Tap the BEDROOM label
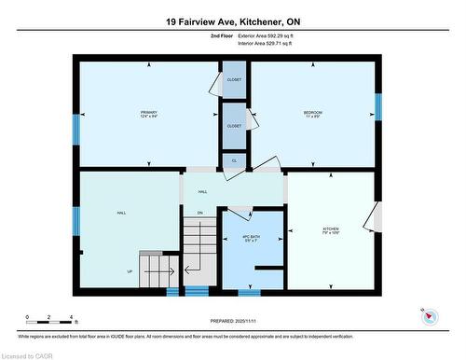coord(312,113)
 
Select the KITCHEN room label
coord(332,228)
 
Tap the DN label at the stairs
coord(199,213)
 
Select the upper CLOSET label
coord(234,80)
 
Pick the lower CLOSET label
coord(234,125)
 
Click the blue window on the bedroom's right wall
coord(378,107)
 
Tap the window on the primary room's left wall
coord(75,128)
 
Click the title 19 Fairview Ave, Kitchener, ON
coord(233,21)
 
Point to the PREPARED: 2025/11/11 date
coord(234,322)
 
